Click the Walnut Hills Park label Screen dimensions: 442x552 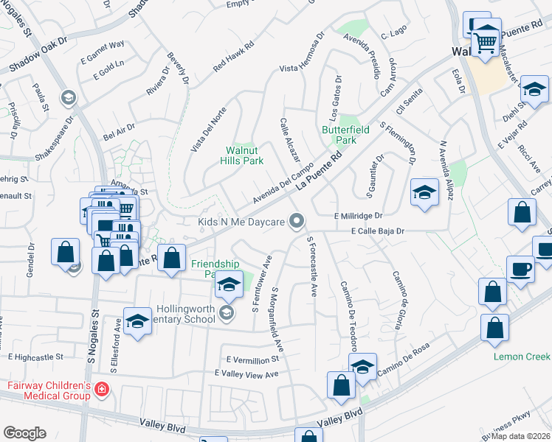pyautogui.click(x=244, y=155)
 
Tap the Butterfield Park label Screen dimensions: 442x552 pyautogui.click(x=339, y=135)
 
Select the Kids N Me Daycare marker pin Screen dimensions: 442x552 pyautogui.click(x=297, y=221)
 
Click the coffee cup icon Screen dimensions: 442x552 pyautogui.click(x=520, y=269)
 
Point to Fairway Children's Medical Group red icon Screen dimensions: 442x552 pyautogui.click(x=102, y=390)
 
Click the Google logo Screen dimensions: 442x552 pyautogui.click(x=24, y=433)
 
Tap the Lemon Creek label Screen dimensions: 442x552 pyautogui.click(x=522, y=357)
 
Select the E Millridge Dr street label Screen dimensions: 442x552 pyautogui.click(x=359, y=216)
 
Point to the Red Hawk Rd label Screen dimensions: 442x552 pyautogui.click(x=234, y=56)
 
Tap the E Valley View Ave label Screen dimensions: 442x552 pyautogui.click(x=246, y=374)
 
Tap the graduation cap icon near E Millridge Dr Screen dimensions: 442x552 pyautogui.click(x=424, y=194)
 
